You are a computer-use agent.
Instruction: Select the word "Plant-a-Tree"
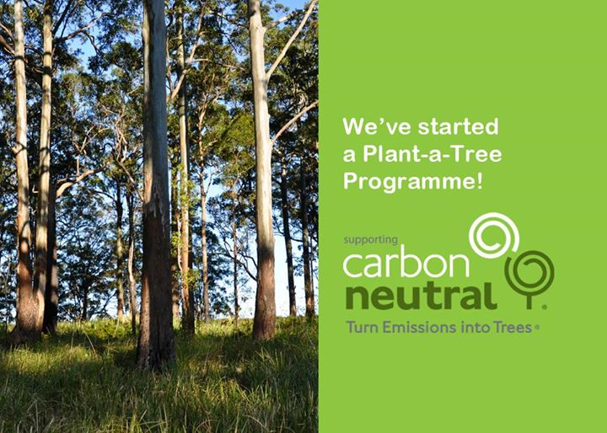point(432,154)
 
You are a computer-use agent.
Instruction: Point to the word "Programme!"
point(413,182)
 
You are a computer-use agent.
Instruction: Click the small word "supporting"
point(370,240)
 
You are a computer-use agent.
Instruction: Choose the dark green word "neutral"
point(422,297)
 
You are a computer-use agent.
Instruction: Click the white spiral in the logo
point(494,236)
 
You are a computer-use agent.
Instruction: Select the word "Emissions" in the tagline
point(418,328)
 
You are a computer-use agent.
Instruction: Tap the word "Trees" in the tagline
point(512,328)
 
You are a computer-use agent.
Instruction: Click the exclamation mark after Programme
point(480,181)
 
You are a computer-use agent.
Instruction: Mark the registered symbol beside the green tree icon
point(545,307)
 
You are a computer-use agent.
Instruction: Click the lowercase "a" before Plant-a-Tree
point(350,156)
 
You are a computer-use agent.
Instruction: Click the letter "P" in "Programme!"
point(350,181)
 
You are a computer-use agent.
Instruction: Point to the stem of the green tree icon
point(529,300)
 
